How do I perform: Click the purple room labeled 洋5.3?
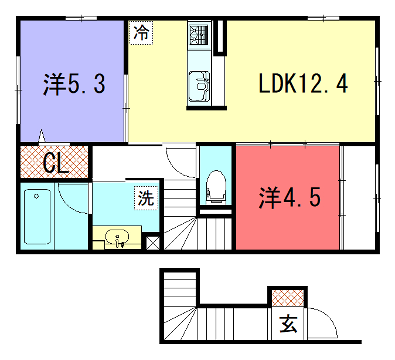69,84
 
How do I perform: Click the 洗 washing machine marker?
146,198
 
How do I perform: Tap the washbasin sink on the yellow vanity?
119,238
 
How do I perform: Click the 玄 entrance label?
288,323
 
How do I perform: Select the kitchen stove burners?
197,39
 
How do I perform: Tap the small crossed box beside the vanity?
152,241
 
